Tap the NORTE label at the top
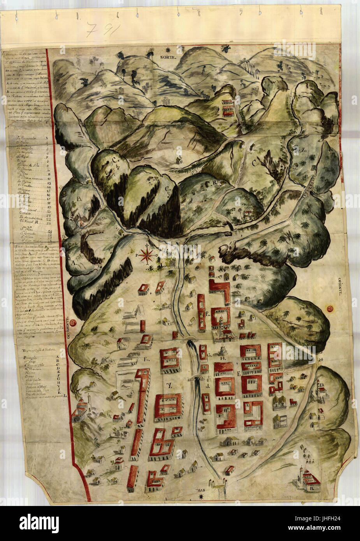[168, 57]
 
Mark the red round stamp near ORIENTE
[331, 309]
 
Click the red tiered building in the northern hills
[228, 106]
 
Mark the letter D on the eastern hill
[322, 385]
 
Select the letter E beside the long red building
[208, 314]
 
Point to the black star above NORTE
[168, 49]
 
